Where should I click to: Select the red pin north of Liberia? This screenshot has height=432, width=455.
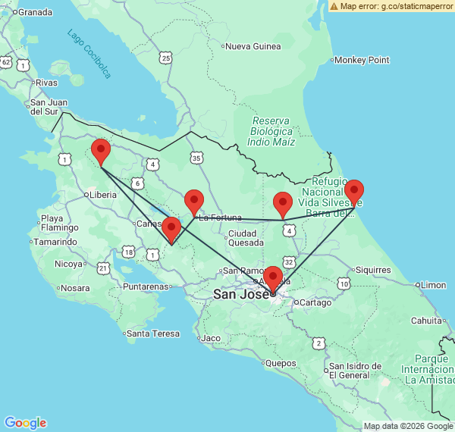pyautogui.click(x=100, y=152)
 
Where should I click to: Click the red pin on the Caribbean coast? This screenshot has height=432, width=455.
pyautogui.click(x=353, y=193)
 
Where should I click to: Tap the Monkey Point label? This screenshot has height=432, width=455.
pyautogui.click(x=362, y=60)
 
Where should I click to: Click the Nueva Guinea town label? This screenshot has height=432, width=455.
pyautogui.click(x=253, y=46)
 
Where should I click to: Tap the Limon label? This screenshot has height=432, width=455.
pyautogui.click(x=433, y=285)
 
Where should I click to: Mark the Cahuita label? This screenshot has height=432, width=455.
pyautogui.click(x=425, y=321)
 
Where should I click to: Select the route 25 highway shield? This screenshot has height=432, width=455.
pyautogui.click(x=165, y=57)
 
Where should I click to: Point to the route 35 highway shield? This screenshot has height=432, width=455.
pyautogui.click(x=197, y=158)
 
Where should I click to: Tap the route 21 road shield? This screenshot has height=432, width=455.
pyautogui.click(x=103, y=268)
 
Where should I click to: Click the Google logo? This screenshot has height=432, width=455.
pyautogui.click(x=25, y=423)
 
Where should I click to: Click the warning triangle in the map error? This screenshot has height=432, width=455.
pyautogui.click(x=334, y=6)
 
